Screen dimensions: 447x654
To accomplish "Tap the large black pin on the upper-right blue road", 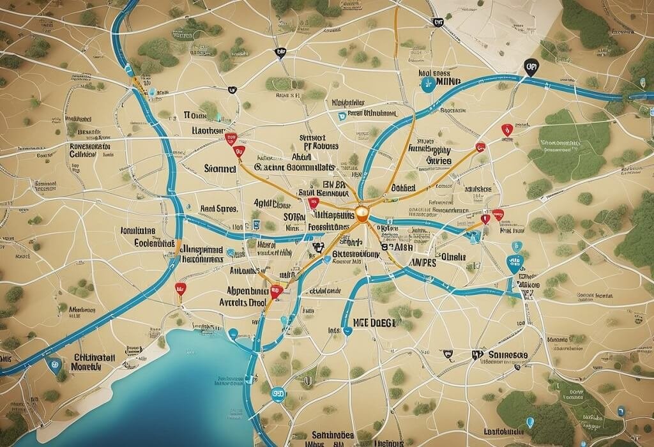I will [529, 66].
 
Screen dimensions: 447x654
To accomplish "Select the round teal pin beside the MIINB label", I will [427, 86].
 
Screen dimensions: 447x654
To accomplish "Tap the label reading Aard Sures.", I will [218, 209].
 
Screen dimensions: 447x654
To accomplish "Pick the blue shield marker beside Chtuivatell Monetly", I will [54, 365].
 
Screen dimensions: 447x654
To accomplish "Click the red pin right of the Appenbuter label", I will [276, 292].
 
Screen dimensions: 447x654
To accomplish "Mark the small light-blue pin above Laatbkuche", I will [529, 421].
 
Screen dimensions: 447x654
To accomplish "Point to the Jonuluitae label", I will [137, 231].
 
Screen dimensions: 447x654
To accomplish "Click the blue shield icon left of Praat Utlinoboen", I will [342, 116].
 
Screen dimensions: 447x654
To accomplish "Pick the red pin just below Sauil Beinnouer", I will [312, 203].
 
